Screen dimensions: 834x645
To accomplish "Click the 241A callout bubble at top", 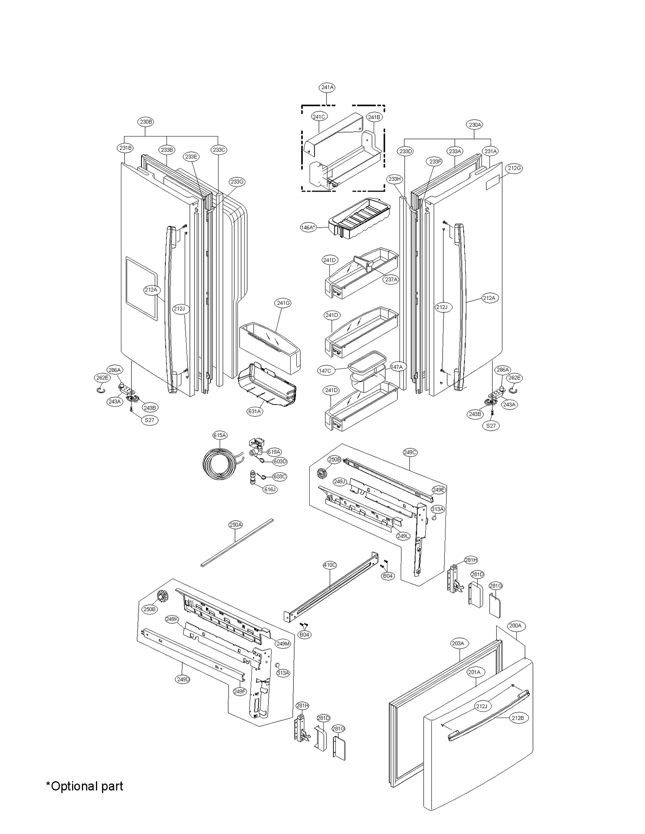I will point(327,87).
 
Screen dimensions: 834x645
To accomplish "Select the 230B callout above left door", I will point(146,122).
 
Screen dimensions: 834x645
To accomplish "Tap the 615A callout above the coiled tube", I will point(220,435).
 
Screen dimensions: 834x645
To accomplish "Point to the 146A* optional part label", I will point(308,228).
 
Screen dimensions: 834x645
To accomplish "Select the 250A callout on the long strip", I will point(236,525).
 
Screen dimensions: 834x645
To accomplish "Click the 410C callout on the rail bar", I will point(330,565).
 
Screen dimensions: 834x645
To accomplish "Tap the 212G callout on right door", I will point(514,168).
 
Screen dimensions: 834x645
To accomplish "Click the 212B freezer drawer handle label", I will point(518,718).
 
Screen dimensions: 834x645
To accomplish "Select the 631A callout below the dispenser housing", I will point(255,412).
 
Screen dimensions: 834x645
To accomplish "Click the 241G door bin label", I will point(283,303).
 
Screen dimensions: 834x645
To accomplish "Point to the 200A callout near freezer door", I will point(515,625).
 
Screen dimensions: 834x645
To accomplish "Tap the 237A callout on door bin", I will point(391,279).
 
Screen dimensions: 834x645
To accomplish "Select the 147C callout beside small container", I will point(325,371).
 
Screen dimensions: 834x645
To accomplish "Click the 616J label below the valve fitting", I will point(270,489).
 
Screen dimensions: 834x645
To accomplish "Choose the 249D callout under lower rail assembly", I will point(183,679).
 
